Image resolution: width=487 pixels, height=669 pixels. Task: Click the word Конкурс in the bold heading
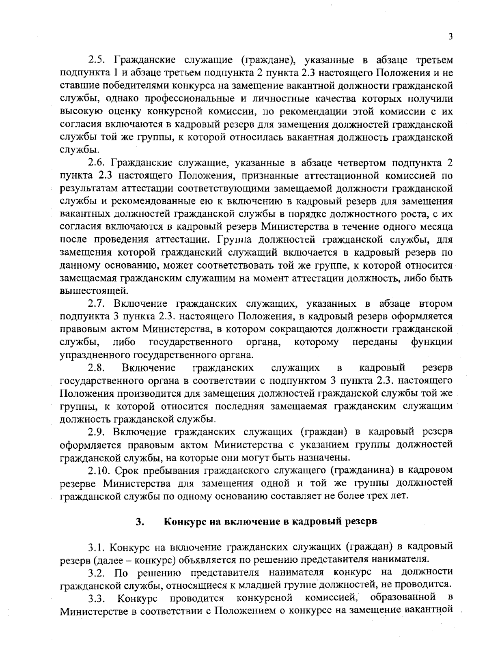(182, 522)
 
